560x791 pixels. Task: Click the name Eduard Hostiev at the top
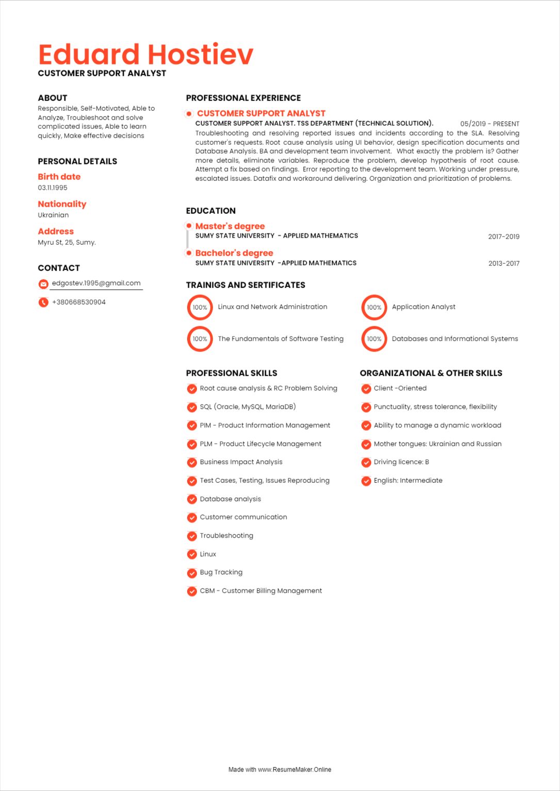point(146,55)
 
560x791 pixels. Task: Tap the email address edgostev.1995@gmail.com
point(96,283)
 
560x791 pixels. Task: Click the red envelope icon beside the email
point(43,284)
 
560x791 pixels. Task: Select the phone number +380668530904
point(79,302)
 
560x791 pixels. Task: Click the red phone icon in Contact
point(43,302)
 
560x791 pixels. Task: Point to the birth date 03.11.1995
point(53,188)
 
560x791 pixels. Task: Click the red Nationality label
point(62,204)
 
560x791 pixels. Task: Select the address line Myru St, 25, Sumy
point(67,243)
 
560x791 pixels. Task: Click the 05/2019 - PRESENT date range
point(489,124)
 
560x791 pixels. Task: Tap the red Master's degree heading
point(230,226)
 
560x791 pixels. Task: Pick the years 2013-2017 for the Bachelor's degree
point(504,263)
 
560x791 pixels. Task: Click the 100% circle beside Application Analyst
point(374,308)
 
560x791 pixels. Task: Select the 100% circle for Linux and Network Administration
point(200,308)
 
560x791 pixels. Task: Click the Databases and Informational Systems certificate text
point(455,339)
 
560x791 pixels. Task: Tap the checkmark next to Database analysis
point(192,499)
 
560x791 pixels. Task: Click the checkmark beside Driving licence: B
point(366,463)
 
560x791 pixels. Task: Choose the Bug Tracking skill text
point(221,573)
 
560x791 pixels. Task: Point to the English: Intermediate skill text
point(408,481)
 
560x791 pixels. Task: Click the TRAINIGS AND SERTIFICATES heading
point(245,285)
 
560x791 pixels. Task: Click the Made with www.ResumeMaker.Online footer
point(279,770)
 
